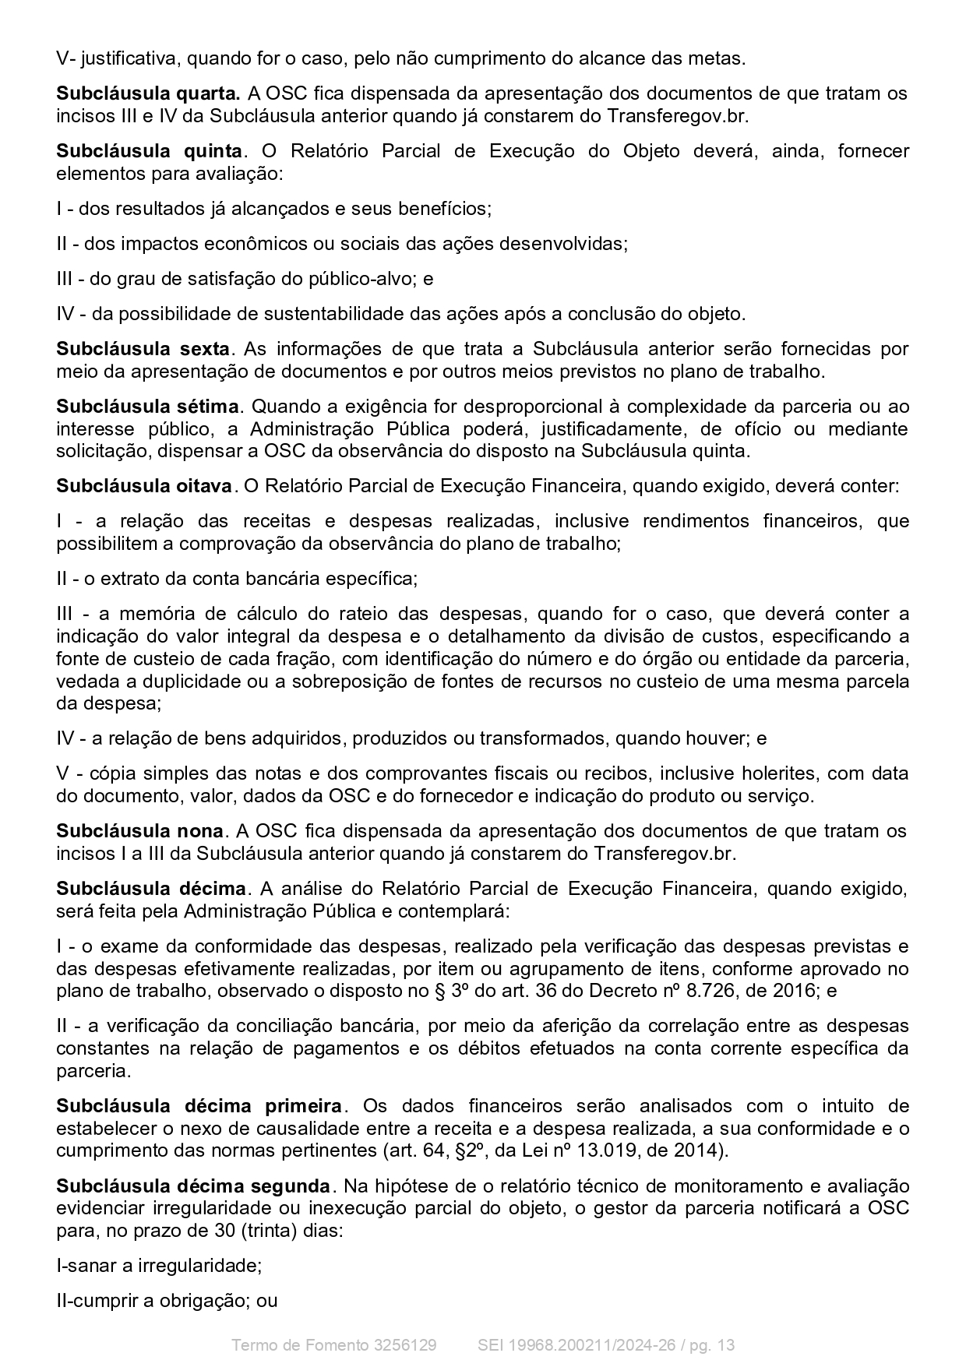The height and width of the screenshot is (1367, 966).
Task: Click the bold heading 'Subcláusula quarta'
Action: pyautogui.click(x=147, y=93)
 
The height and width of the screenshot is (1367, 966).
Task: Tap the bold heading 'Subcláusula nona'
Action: pyautogui.click(x=139, y=831)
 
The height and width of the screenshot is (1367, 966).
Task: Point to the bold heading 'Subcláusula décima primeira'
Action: pyautogui.click(x=199, y=1106)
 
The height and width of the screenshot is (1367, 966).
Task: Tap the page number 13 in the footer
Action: pyautogui.click(x=725, y=1345)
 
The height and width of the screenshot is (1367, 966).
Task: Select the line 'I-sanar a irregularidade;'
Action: pyautogui.click(x=159, y=1266)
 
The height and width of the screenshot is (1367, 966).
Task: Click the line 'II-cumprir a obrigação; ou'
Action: pyautogui.click(x=167, y=1301)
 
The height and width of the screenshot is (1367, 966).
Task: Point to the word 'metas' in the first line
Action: pyautogui.click(x=717, y=58)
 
